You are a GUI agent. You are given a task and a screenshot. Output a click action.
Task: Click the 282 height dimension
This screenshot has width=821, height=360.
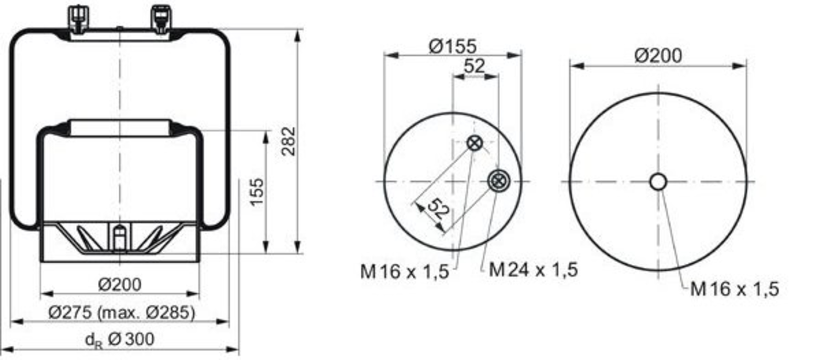pyautogui.click(x=289, y=141)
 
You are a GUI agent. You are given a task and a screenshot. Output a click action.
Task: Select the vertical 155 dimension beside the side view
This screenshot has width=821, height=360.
pyautogui.click(x=257, y=192)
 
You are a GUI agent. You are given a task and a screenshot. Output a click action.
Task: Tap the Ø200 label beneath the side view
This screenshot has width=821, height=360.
pyautogui.click(x=120, y=284)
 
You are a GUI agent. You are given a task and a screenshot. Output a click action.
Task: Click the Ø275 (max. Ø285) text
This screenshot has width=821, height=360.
pyautogui.click(x=122, y=312)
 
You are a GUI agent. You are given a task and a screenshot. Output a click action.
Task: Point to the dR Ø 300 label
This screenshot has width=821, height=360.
pyautogui.click(x=120, y=340)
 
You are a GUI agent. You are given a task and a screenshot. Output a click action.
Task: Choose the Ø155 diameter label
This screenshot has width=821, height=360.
pyautogui.click(x=453, y=46)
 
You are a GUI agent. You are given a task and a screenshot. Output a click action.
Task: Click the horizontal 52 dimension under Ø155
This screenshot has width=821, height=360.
pyautogui.click(x=475, y=66)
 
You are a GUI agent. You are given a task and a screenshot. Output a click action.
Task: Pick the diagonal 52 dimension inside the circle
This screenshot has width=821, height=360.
pyautogui.click(x=438, y=209)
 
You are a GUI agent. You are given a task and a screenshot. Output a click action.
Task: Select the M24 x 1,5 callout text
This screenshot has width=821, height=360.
pyautogui.click(x=534, y=270)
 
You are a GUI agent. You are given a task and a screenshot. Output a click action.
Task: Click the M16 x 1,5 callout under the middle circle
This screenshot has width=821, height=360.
pyautogui.click(x=404, y=272)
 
